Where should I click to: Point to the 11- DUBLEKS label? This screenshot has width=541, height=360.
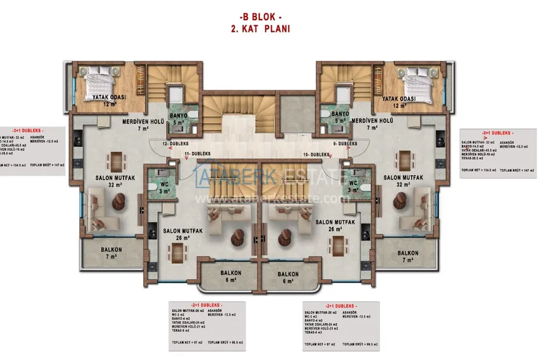(x=198, y=155)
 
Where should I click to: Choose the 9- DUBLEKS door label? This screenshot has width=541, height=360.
(x=344, y=144)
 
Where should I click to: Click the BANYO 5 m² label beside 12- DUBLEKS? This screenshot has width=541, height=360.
(x=179, y=118)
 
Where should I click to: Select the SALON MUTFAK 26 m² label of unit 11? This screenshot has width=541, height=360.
(x=183, y=234)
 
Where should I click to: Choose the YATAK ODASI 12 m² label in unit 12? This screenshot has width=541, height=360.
(x=108, y=101)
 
